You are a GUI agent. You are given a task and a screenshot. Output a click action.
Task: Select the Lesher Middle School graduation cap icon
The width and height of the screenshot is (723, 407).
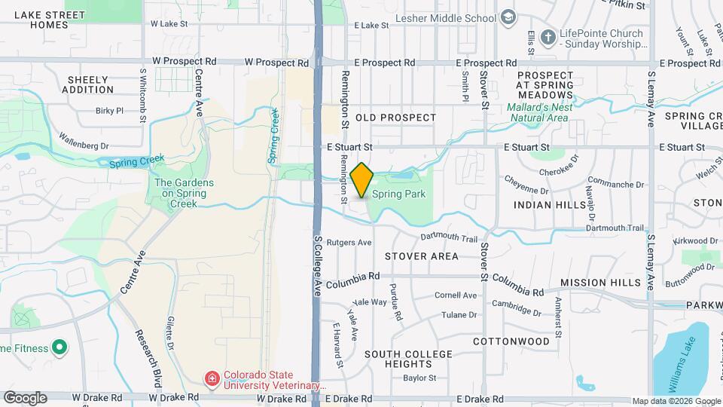click(x=508, y=17)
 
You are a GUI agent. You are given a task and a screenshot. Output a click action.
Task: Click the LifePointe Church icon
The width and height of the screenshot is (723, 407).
click(x=548, y=35)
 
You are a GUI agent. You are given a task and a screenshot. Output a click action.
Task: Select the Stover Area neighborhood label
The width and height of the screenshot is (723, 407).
click(x=421, y=256)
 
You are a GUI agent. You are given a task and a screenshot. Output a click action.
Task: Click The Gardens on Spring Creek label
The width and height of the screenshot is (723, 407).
click(x=184, y=193)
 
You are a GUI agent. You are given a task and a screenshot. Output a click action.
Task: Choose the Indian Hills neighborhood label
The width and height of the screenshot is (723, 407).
click(x=549, y=205)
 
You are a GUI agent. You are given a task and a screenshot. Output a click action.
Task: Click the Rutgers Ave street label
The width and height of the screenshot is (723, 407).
click(x=354, y=243)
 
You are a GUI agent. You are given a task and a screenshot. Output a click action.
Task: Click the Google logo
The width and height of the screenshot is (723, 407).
click(x=25, y=397)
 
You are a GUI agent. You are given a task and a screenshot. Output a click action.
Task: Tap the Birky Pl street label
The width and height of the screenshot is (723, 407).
click(x=109, y=111)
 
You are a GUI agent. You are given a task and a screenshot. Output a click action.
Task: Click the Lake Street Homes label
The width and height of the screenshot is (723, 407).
click(x=50, y=20)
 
